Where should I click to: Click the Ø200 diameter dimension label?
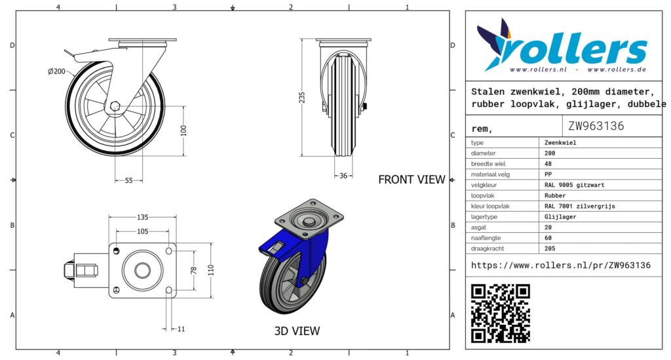coord(56,71)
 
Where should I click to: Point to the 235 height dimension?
coord(302,98)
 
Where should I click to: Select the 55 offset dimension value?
coord(129,180)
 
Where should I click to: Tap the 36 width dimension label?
coord(343,176)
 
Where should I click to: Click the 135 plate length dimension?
coord(142,217)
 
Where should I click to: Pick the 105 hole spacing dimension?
coord(142,231)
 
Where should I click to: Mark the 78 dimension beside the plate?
coord(193,270)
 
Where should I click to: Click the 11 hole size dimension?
coord(181,329)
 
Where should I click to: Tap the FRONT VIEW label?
coord(412,180)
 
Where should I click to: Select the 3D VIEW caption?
coord(297,331)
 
